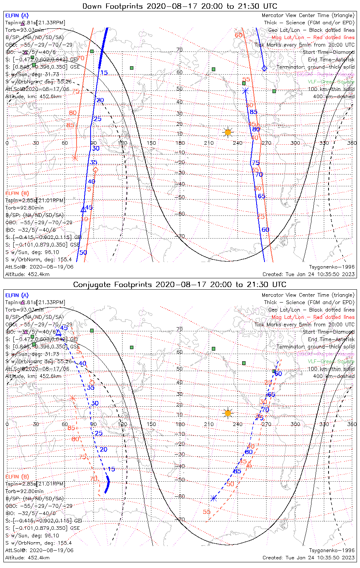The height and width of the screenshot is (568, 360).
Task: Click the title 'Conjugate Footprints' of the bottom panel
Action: (114, 284)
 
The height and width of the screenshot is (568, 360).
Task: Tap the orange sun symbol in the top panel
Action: (228, 132)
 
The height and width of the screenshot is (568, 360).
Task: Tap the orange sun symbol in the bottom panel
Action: (228, 413)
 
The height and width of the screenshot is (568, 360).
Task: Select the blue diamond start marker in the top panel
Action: (264, 68)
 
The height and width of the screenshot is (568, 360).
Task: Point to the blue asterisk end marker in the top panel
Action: (246, 91)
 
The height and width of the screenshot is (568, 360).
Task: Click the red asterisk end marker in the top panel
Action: (75, 158)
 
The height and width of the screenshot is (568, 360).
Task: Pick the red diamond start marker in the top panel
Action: (95, 170)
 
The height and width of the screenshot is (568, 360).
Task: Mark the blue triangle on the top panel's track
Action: (83, 209)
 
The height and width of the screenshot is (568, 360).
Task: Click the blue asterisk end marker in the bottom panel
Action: (214, 498)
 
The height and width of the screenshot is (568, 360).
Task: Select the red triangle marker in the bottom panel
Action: (249, 464)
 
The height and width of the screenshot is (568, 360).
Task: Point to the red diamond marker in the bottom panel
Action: (92, 383)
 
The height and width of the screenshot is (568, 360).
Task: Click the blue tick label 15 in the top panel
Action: (104, 73)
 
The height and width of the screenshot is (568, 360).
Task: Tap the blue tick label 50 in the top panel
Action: (83, 253)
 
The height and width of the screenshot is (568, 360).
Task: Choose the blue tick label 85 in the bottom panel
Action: (237, 471)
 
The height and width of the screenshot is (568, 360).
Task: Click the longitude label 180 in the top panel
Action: (180, 143)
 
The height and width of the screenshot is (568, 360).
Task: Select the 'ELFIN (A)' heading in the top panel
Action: (17, 16)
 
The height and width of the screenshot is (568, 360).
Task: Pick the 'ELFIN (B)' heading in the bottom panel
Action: (17, 476)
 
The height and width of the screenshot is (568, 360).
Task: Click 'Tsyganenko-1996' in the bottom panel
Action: (332, 550)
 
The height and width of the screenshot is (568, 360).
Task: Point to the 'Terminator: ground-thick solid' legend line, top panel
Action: (315, 67)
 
